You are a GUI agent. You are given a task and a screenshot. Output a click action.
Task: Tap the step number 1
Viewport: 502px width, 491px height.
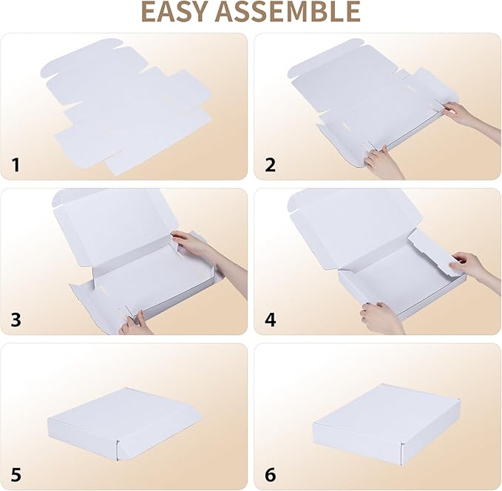pyautogui.click(x=16, y=165)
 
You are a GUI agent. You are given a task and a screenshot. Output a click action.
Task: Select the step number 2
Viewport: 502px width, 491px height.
pyautogui.click(x=271, y=165)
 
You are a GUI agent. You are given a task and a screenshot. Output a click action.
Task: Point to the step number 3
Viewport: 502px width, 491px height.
pyautogui.click(x=16, y=319)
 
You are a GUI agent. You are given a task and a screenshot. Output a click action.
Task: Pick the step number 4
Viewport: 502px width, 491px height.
pyautogui.click(x=271, y=319)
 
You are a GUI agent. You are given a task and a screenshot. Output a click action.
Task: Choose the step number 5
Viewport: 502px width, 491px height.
pyautogui.click(x=16, y=474)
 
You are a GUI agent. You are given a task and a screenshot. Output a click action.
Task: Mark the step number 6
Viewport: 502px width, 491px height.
pyautogui.click(x=271, y=474)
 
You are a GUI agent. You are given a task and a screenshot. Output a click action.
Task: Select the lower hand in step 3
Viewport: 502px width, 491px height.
pyautogui.click(x=135, y=323)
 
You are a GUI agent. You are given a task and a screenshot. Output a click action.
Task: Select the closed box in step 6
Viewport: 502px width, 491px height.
pyautogui.click(x=387, y=424)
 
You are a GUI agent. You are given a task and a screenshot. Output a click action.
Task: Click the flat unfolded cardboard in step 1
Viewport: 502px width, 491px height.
pyautogui.click(x=127, y=107)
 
